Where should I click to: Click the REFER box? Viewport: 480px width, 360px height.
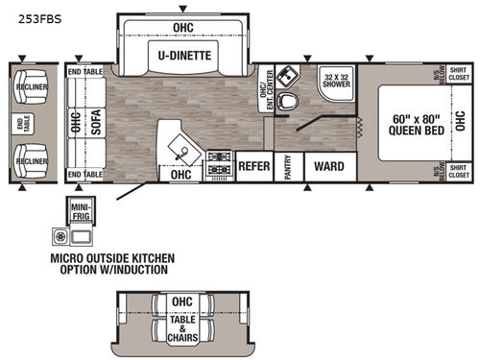click(253, 165)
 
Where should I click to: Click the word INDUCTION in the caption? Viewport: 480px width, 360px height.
click(137, 270)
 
